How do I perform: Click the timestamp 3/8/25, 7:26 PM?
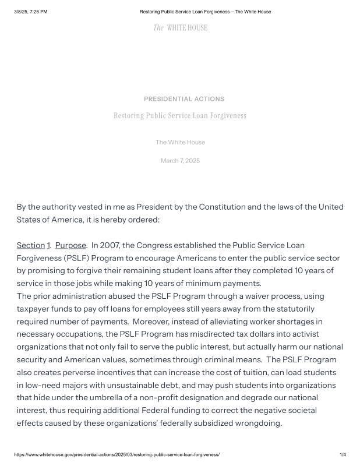(30, 12)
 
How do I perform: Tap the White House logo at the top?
(180, 28)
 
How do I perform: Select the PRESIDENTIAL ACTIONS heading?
(183, 99)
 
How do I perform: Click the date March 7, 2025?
(180, 161)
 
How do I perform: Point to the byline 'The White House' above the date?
(180, 142)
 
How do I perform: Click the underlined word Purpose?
(70, 245)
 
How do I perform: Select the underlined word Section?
(31, 245)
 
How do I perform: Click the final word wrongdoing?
(256, 423)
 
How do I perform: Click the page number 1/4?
(343, 454)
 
